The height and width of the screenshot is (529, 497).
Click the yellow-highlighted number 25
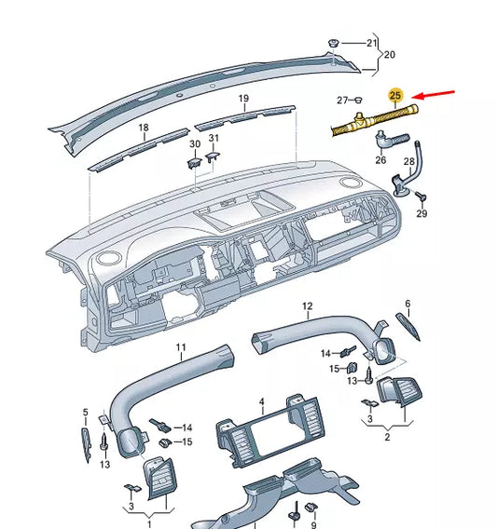click(395, 96)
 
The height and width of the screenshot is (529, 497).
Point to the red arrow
click(435, 95)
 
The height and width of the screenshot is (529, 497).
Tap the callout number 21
click(372, 43)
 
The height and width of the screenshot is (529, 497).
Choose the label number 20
click(390, 55)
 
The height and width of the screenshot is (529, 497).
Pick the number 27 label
click(342, 100)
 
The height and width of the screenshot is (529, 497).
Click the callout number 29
click(421, 214)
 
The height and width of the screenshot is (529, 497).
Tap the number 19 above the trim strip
click(242, 99)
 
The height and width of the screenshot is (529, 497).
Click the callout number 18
click(144, 128)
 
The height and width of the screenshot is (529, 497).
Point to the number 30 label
click(195, 143)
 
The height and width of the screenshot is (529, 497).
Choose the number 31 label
click(214, 139)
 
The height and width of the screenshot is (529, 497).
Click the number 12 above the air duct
click(307, 305)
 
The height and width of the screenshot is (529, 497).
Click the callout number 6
click(407, 304)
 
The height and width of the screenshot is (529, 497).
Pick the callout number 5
click(85, 413)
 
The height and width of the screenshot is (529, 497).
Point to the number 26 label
click(380, 159)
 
